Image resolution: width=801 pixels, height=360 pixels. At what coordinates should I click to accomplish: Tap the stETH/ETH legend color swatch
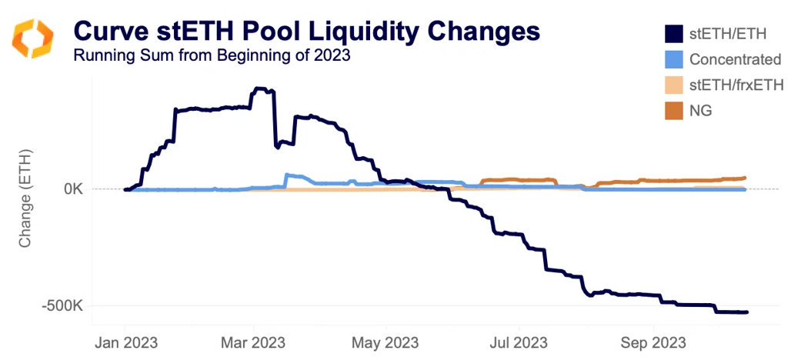673,34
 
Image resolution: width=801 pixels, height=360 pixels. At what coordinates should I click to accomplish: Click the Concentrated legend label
735,59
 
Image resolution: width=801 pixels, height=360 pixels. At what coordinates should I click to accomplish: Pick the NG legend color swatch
673,110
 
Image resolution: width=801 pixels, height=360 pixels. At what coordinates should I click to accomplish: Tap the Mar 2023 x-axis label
253,340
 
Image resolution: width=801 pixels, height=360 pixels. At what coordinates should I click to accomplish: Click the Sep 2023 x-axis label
653,340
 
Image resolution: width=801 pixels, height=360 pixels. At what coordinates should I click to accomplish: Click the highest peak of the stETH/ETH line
262,89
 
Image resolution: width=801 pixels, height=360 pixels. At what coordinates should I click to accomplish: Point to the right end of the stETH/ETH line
746,312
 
